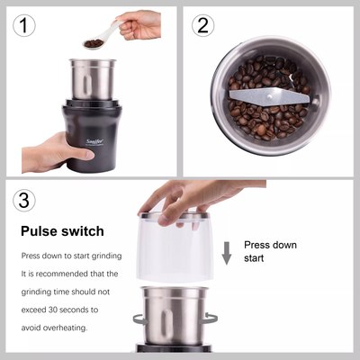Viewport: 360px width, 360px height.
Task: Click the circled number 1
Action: [x=24, y=26]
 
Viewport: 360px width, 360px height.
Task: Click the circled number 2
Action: [x=203, y=25]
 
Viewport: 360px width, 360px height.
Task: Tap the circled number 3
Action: [x=24, y=200]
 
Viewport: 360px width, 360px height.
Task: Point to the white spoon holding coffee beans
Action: [x=102, y=35]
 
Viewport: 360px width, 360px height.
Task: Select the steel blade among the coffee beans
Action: [x=269, y=97]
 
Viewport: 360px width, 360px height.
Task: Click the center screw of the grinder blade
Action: [x=270, y=96]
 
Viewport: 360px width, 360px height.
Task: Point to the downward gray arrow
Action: [x=227, y=253]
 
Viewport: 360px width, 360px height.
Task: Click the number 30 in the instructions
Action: [x=53, y=310]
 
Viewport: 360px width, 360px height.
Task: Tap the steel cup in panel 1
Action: [x=93, y=79]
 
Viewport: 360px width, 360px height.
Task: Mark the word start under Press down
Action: [x=254, y=258]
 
